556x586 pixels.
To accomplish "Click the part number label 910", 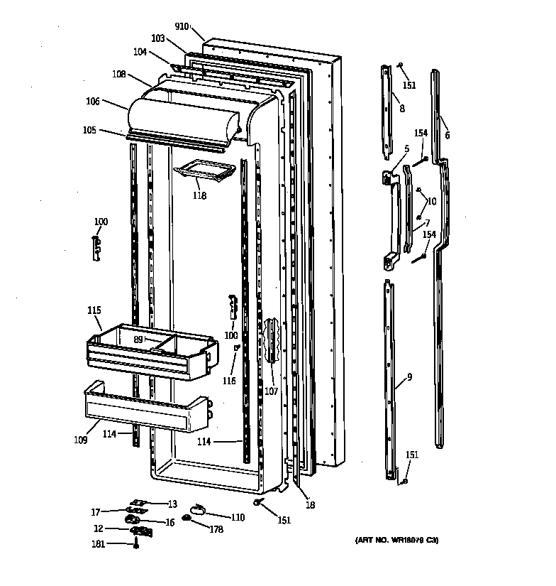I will pyautogui.click(x=182, y=26).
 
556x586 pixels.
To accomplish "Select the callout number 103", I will pyautogui.click(x=157, y=38).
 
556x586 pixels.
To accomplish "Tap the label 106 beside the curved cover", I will pyautogui.click(x=93, y=102).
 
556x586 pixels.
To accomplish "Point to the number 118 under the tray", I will pyautogui.click(x=199, y=195).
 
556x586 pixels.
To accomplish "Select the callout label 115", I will pyautogui.click(x=94, y=310).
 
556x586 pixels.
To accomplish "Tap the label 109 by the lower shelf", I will pyautogui.click(x=80, y=440).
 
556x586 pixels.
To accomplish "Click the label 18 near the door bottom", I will pyautogui.click(x=310, y=505).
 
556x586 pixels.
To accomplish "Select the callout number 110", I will pyautogui.click(x=238, y=518).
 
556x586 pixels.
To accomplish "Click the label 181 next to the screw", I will pyautogui.click(x=99, y=544).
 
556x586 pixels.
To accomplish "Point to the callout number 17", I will pyautogui.click(x=96, y=511).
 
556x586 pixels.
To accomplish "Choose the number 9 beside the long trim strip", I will pyautogui.click(x=409, y=377).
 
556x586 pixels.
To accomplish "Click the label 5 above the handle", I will pyautogui.click(x=406, y=148).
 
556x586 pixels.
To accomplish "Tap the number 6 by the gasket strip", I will pyautogui.click(x=447, y=135).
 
